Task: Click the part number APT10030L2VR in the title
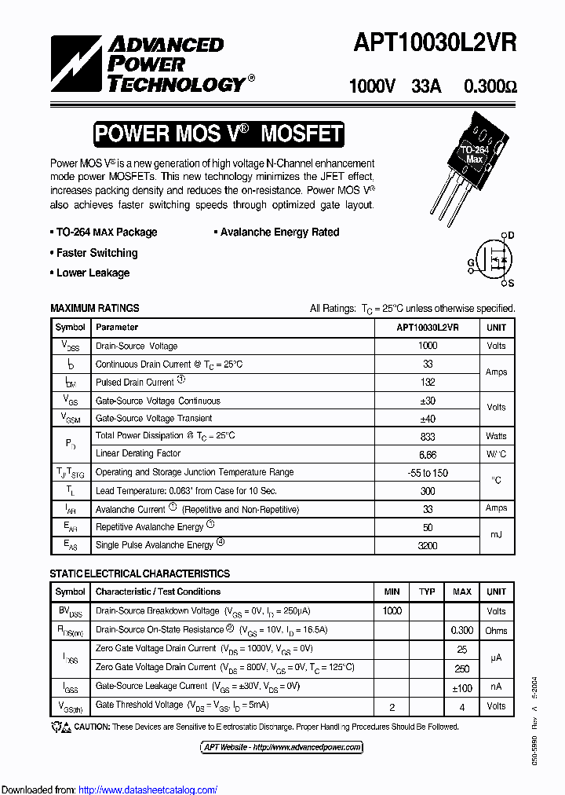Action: [435, 43]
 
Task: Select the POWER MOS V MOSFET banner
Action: [218, 134]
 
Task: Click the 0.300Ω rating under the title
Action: [490, 86]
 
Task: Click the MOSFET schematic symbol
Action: [494, 258]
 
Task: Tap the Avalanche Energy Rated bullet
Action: [279, 233]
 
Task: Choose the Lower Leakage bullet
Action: [93, 273]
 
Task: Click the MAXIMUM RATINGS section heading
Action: [95, 309]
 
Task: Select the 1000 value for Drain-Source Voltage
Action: [428, 346]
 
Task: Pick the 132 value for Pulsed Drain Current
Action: [428, 383]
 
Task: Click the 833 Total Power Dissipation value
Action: [428, 436]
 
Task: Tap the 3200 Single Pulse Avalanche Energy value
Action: [428, 545]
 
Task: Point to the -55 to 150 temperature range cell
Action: [428, 473]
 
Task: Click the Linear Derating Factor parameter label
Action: [138, 454]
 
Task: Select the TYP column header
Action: [427, 592]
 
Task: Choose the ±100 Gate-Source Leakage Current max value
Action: [462, 688]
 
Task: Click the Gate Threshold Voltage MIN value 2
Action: [392, 706]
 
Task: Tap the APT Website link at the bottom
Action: [282, 747]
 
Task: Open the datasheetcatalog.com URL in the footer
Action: [148, 790]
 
